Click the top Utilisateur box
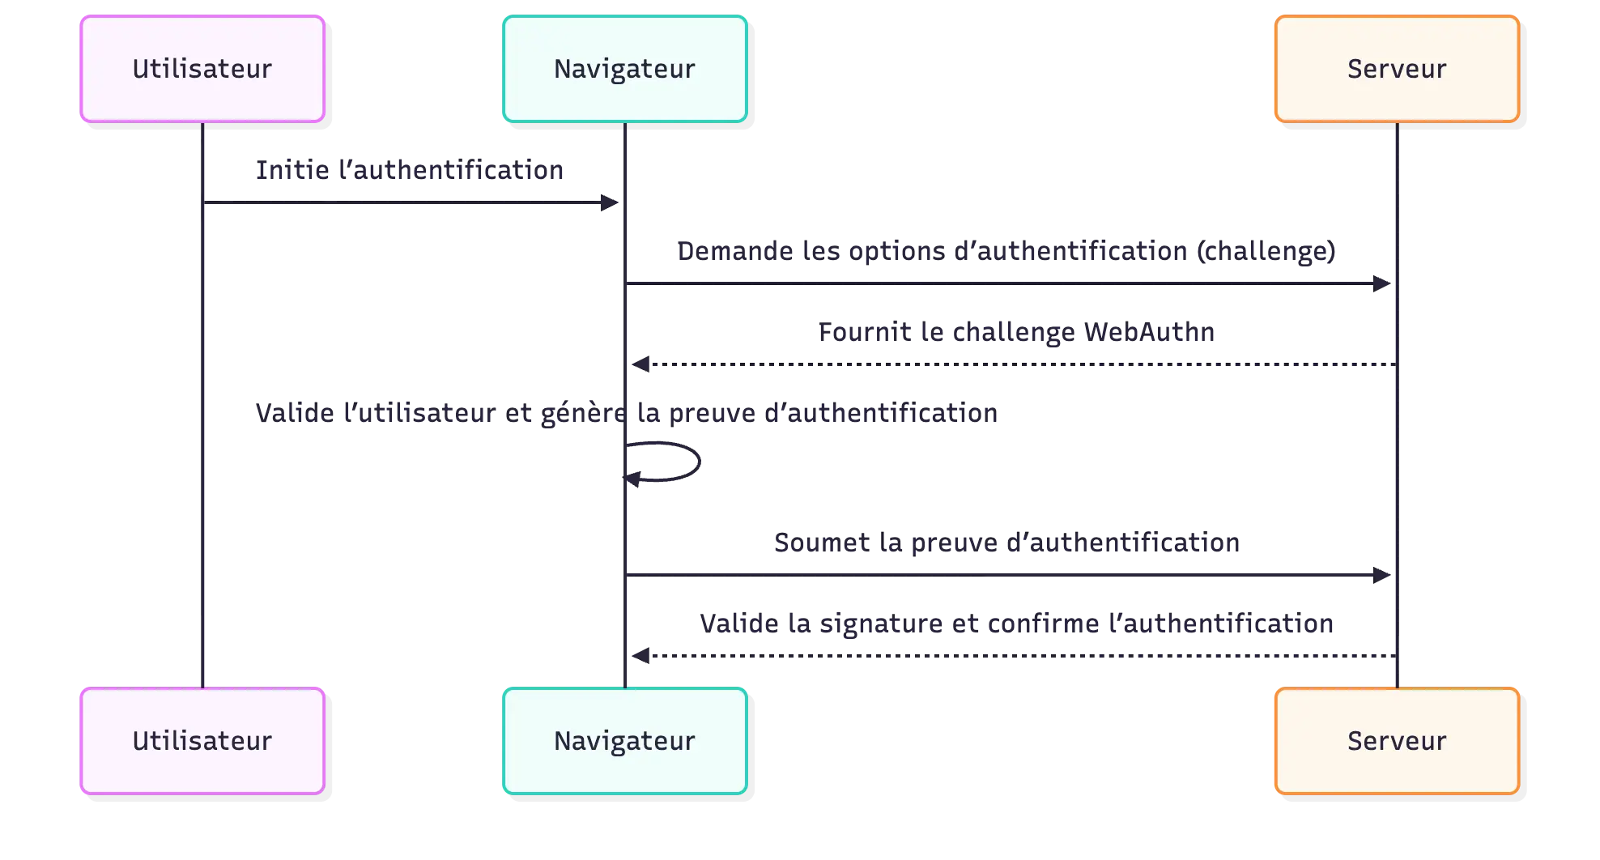(202, 69)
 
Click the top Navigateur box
(624, 69)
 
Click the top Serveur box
(1396, 69)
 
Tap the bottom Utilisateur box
(202, 741)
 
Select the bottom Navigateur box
(624, 741)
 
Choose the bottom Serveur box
(1396, 741)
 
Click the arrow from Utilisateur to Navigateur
(405, 203)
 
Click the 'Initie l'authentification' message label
(408, 170)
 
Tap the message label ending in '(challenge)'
(1006, 252)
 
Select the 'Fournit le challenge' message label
(1016, 332)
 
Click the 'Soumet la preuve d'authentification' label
(1006, 543)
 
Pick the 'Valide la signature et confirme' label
(1016, 624)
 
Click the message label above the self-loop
(625, 415)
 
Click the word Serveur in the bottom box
(1396, 741)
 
